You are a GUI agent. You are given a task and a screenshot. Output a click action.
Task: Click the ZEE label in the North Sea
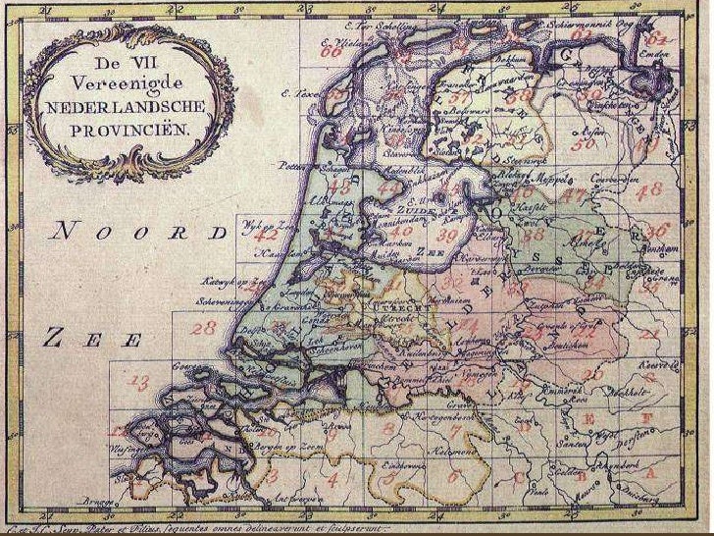pos(91,340)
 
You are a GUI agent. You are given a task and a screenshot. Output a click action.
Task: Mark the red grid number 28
pos(204,328)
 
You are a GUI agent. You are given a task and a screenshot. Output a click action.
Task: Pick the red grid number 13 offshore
pos(140,381)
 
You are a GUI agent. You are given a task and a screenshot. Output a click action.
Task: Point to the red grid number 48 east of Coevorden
pos(649,188)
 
